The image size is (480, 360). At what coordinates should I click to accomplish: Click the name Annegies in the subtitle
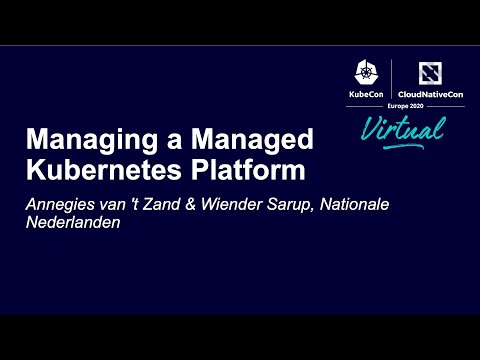pyautogui.click(x=62, y=205)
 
